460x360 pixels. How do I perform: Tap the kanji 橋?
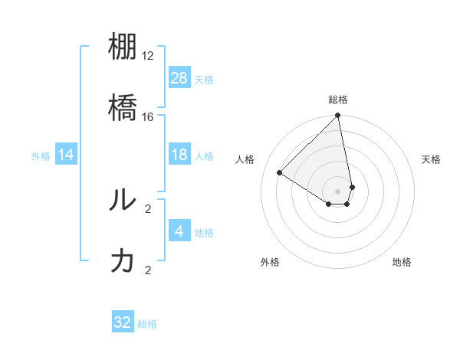pos(123,108)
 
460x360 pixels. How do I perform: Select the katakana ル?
pos(123,200)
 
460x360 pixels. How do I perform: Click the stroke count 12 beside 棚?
pos(148,56)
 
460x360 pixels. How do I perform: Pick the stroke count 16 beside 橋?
pos(148,116)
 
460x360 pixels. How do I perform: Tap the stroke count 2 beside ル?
pos(148,208)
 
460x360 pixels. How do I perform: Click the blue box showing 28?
pos(179,77)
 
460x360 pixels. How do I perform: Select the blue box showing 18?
pos(179,155)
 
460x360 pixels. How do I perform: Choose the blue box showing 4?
pos(179,231)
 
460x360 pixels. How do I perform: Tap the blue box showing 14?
pos(66,155)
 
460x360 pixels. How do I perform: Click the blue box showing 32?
pos(123,322)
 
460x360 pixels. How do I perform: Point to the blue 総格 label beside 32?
pos(147,324)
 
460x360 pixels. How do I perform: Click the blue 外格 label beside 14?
pos(41,155)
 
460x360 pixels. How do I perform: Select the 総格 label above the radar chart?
pos(338,100)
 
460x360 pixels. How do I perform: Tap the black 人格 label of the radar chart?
pos(245,159)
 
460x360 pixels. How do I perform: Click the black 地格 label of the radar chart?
pos(402,262)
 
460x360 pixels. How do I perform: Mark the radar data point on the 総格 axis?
pos(337,116)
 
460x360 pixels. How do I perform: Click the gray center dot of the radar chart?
pos(337,191)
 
